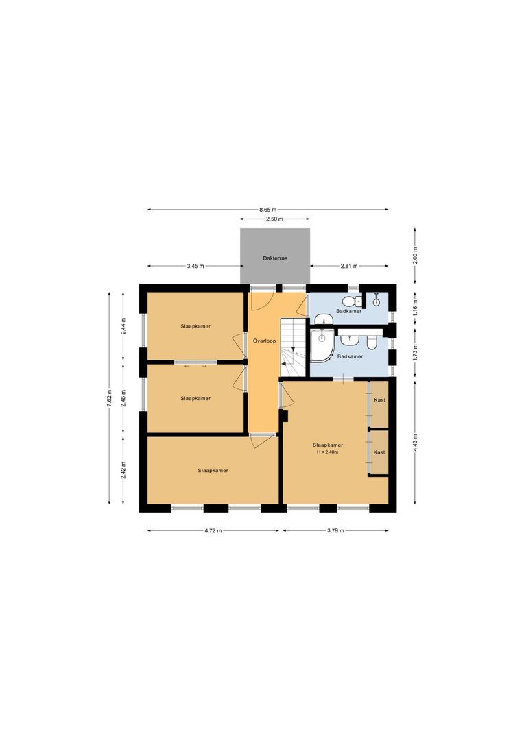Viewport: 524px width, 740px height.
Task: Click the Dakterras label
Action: [274, 259]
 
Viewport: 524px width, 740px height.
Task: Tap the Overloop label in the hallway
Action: [263, 340]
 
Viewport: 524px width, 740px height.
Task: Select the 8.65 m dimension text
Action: [268, 210]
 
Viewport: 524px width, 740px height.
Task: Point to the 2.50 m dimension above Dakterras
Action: [274, 219]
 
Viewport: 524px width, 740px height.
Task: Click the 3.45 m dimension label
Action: [195, 266]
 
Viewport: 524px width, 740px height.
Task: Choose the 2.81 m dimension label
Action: [349, 266]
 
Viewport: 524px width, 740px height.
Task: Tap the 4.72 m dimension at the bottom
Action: [213, 531]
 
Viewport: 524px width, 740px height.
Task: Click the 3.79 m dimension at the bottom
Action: [336, 531]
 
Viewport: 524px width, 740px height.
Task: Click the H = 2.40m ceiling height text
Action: [327, 452]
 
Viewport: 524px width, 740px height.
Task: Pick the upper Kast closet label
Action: [379, 399]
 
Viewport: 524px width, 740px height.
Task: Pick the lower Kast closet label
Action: [379, 452]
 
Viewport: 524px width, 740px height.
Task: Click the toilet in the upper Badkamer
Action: [350, 301]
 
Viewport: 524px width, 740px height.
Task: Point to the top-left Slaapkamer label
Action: [195, 326]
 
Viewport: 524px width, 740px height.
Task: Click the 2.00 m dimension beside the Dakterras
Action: [416, 255]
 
